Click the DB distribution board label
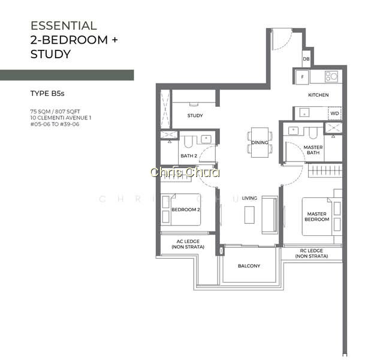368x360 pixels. [x=306, y=59]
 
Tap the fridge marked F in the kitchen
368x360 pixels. [x=302, y=77]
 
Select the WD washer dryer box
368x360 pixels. [x=334, y=113]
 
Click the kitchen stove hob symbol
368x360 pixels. [x=331, y=76]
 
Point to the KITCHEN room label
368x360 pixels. [x=318, y=95]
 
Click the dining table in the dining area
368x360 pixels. [x=260, y=142]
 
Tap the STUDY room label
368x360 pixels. [x=195, y=115]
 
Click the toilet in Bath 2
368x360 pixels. [x=188, y=142]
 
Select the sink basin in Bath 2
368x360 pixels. [x=206, y=139]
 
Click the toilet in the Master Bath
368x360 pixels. [x=313, y=133]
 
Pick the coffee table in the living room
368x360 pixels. [x=249, y=215]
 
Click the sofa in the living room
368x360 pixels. [x=270, y=215]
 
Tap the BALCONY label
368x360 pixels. [x=249, y=266]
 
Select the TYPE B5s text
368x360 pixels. [x=47, y=94]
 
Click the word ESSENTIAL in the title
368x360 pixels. [x=64, y=26]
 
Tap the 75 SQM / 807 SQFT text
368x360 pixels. [x=55, y=112]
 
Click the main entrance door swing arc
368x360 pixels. [x=285, y=42]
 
